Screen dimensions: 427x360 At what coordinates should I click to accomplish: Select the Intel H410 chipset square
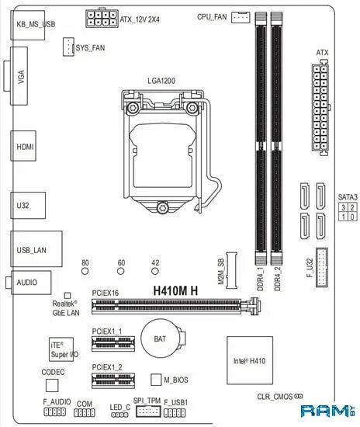click(x=251, y=360)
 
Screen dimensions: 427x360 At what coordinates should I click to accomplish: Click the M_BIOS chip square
click(x=155, y=380)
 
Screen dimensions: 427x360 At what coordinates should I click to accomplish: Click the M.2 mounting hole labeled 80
click(x=85, y=273)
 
